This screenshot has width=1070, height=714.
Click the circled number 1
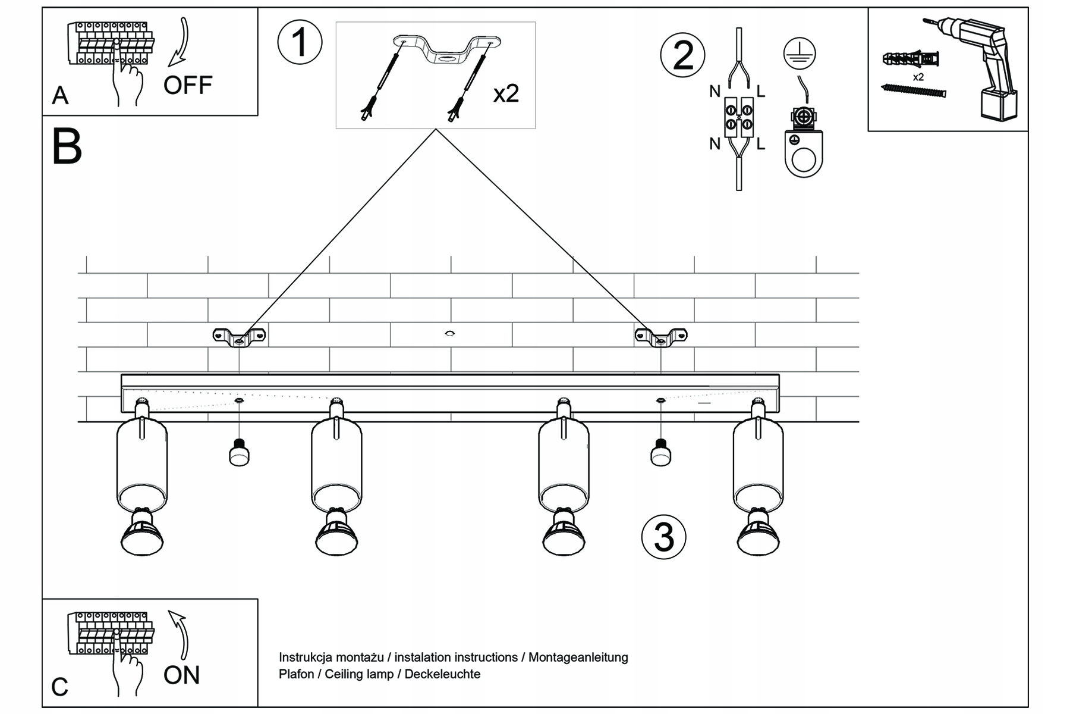(300, 43)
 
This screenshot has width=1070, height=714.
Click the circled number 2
(683, 55)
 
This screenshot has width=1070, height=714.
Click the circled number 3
(663, 537)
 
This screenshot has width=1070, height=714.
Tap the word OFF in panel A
(188, 86)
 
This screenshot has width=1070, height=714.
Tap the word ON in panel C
(181, 675)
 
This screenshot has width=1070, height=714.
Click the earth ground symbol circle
(800, 54)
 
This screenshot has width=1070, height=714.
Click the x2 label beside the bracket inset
(506, 93)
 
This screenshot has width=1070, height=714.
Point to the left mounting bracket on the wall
(239, 337)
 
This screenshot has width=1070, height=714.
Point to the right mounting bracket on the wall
(661, 337)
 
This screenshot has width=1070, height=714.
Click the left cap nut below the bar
(239, 454)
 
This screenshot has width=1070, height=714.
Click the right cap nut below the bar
(660, 454)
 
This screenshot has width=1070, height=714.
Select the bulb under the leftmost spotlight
(142, 533)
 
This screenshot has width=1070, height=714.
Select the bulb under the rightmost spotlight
(759, 533)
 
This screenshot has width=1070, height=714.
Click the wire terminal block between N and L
(739, 117)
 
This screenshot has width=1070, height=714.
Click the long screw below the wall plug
(913, 90)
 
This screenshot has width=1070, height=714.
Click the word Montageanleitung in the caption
(578, 657)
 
